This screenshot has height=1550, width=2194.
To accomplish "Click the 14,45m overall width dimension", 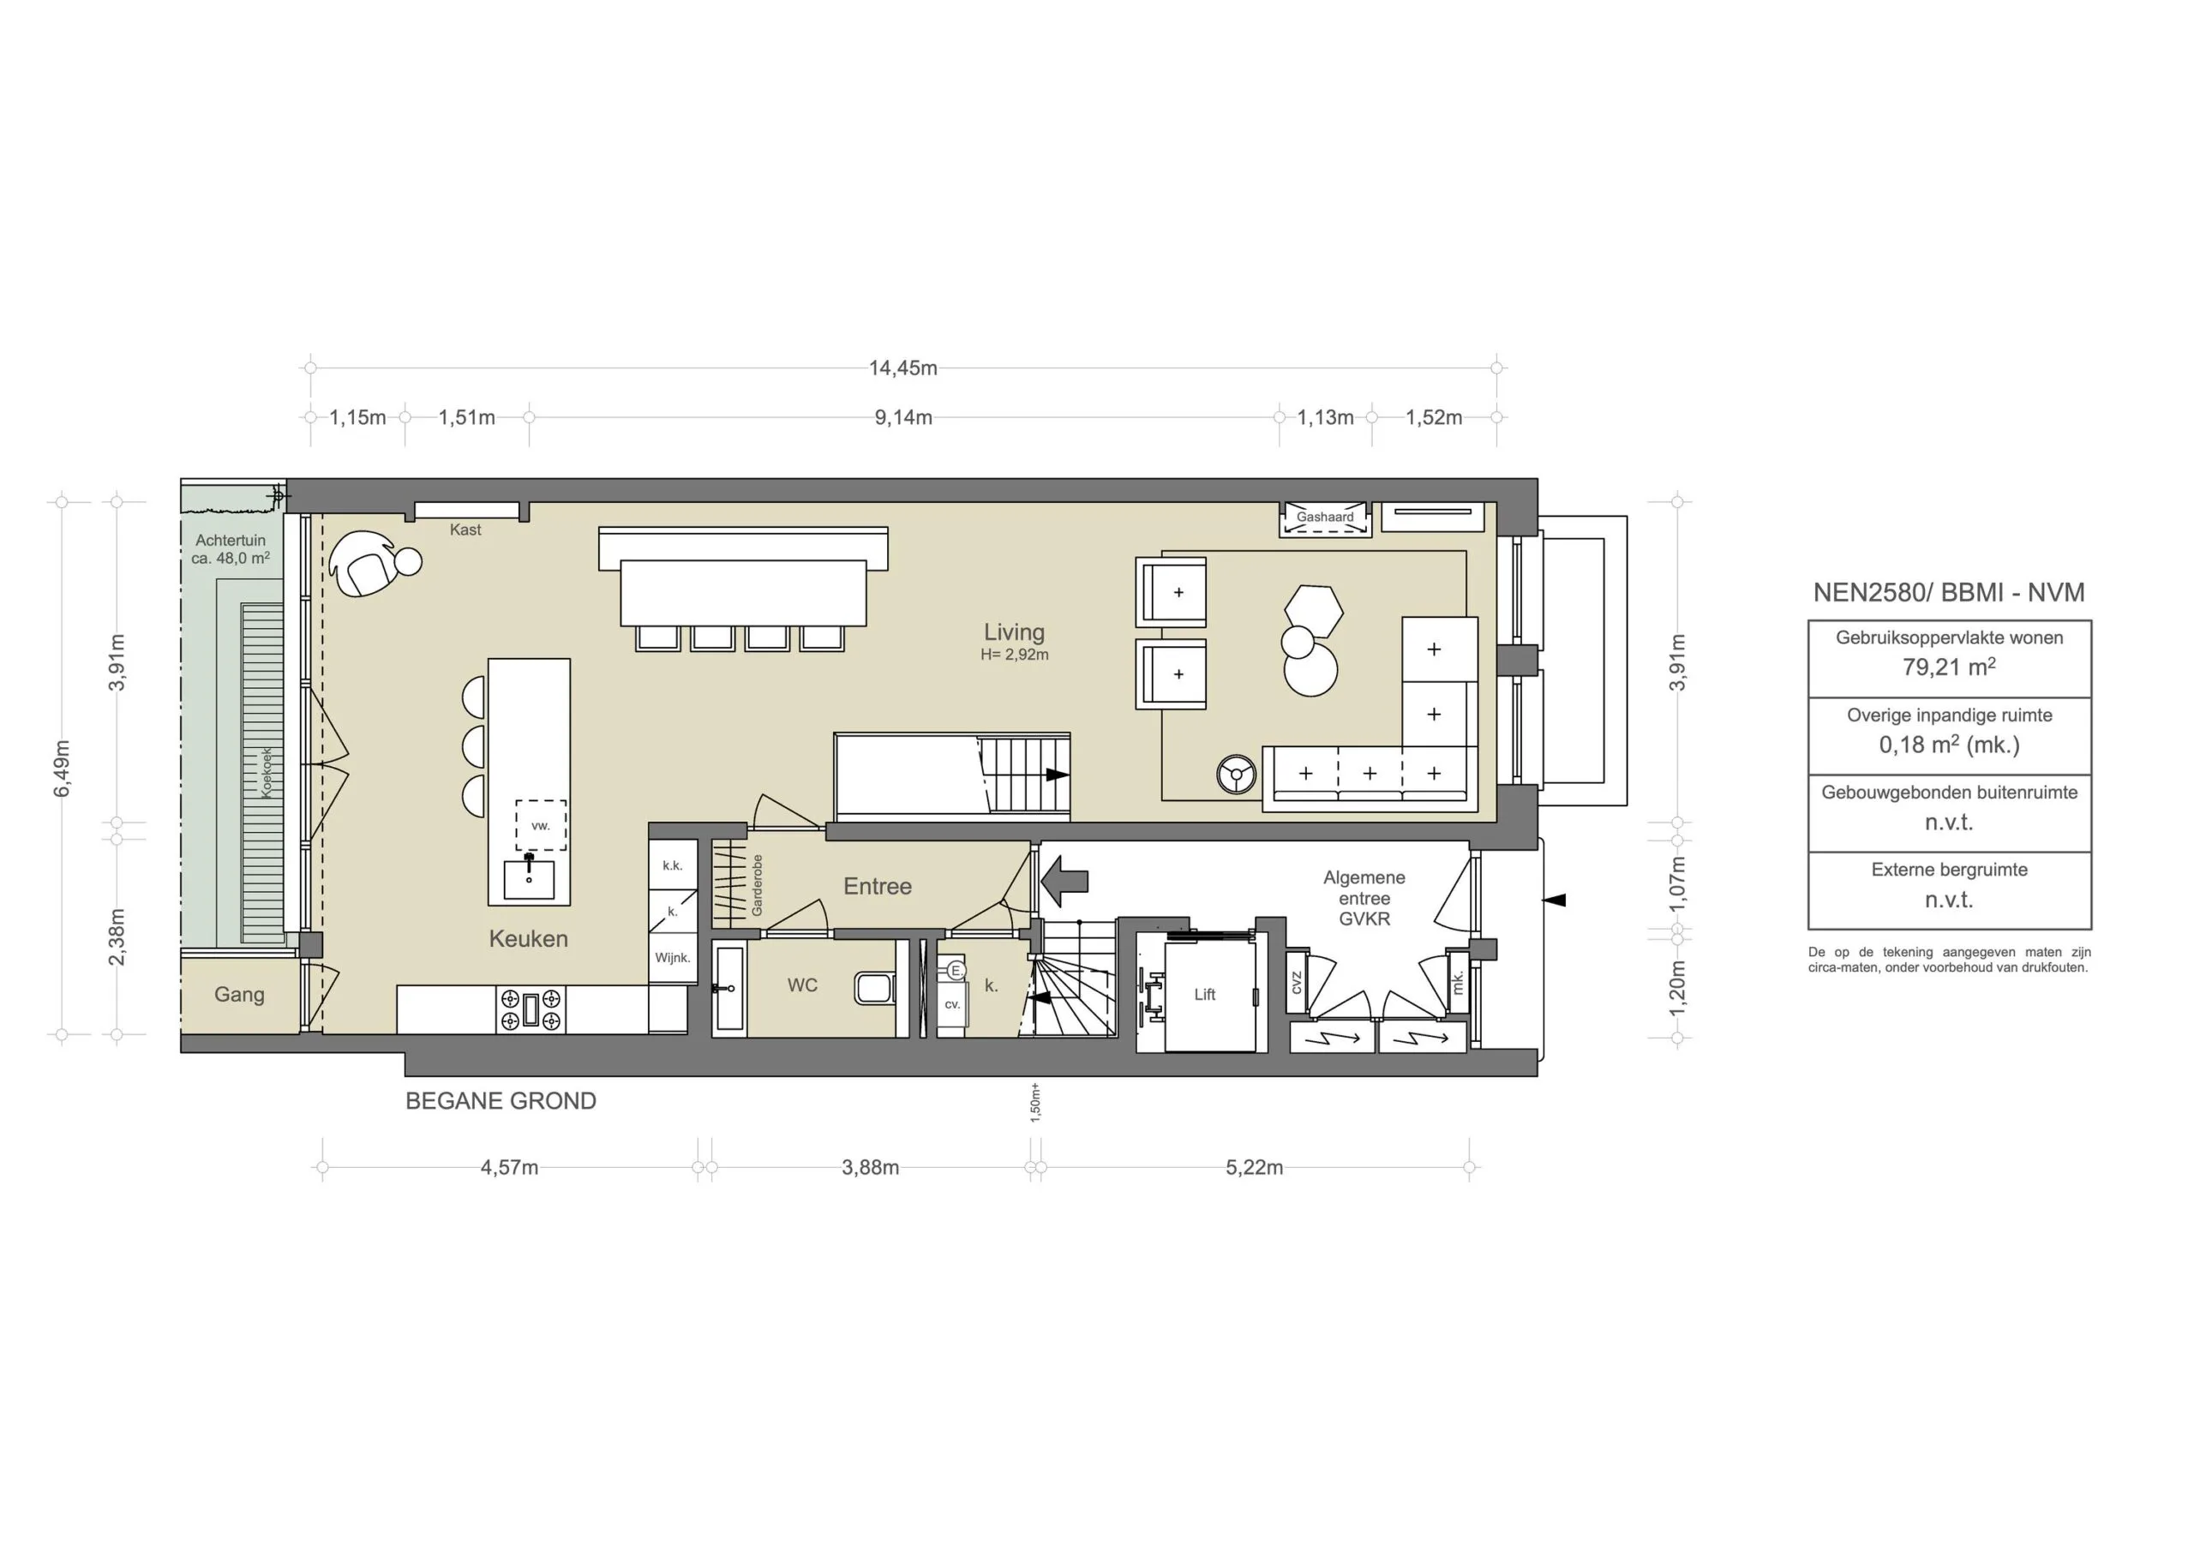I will (x=902, y=368).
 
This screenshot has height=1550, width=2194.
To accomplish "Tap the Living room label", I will (x=1014, y=632).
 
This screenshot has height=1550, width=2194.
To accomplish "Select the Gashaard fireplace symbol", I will (x=1324, y=520).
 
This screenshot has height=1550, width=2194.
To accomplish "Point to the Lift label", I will (x=1204, y=995).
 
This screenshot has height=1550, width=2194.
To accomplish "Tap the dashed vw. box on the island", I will (x=541, y=826).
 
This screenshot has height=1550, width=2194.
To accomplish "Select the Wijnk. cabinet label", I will (x=673, y=958).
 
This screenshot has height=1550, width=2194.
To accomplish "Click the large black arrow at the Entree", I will (x=1064, y=881).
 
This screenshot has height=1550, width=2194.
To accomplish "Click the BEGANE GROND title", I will (x=501, y=1101).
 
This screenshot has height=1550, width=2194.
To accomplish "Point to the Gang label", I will (x=239, y=995).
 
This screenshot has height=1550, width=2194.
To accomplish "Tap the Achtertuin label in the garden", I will (x=231, y=541).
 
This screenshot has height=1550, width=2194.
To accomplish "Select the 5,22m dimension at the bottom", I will (x=1254, y=1168).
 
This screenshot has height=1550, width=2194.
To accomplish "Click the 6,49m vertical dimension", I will (x=62, y=768).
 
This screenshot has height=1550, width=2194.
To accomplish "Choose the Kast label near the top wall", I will (x=465, y=530).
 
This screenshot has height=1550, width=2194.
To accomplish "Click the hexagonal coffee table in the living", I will (x=1314, y=610).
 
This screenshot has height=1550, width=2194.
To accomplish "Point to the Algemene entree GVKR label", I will (x=1364, y=898).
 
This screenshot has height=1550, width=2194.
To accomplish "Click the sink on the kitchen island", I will (x=529, y=879).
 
